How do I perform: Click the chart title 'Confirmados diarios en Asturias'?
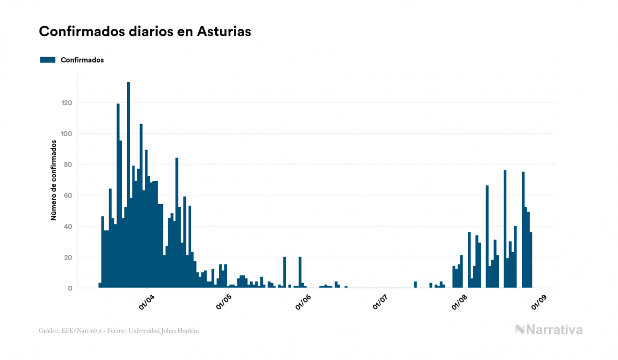pyautogui.click(x=145, y=32)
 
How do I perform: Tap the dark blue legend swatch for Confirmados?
pyautogui.click(x=48, y=60)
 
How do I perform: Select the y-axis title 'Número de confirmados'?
pyautogui.click(x=53, y=180)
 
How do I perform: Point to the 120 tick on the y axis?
pyautogui.click(x=66, y=103)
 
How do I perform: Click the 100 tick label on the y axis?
pyautogui.click(x=66, y=134)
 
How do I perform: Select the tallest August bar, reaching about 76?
pyautogui.click(x=505, y=230)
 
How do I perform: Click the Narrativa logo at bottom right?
pyautogui.click(x=549, y=330)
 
